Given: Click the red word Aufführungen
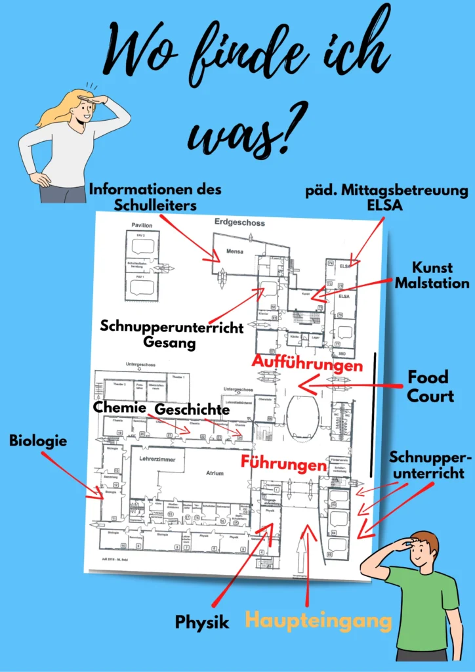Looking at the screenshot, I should [x=308, y=364].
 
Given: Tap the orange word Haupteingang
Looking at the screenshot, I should [x=319, y=619].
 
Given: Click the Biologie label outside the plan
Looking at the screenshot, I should [x=38, y=441].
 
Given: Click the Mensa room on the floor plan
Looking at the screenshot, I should [x=235, y=250].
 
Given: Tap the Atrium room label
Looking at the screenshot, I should [x=214, y=472].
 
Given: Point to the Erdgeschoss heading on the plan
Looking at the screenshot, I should [x=239, y=223].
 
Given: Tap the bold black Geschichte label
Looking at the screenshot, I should [x=192, y=409].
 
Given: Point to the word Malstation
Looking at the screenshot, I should [x=441, y=283].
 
